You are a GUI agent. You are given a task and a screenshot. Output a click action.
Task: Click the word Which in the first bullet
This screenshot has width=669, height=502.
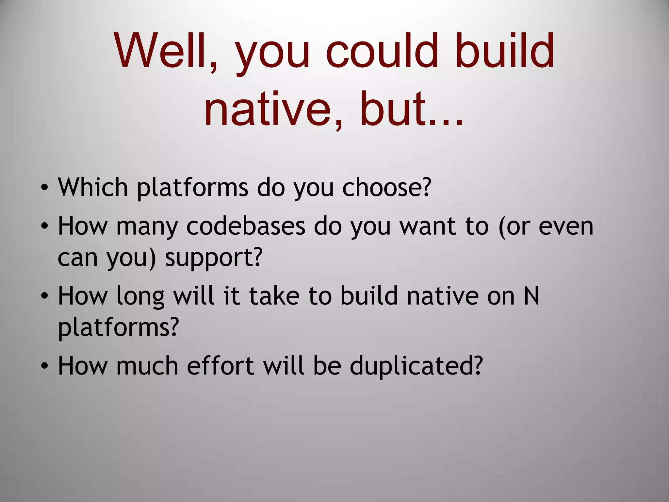pos(93,188)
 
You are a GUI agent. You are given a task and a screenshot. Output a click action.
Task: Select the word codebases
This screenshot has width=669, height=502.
pos(246,226)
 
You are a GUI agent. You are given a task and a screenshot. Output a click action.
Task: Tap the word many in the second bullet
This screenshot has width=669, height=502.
pos(147,227)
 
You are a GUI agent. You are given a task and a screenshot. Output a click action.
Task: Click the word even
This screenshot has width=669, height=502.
pos(566,226)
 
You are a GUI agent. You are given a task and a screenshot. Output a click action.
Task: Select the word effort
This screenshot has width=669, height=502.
pos(220,366)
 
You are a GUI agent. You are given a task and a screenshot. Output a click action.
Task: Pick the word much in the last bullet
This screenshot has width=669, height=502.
pos(147,366)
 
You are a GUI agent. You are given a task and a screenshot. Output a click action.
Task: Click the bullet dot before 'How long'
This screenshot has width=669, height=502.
pos(45,296)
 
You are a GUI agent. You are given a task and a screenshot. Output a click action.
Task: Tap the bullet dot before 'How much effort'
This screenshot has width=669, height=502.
pos(45,366)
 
